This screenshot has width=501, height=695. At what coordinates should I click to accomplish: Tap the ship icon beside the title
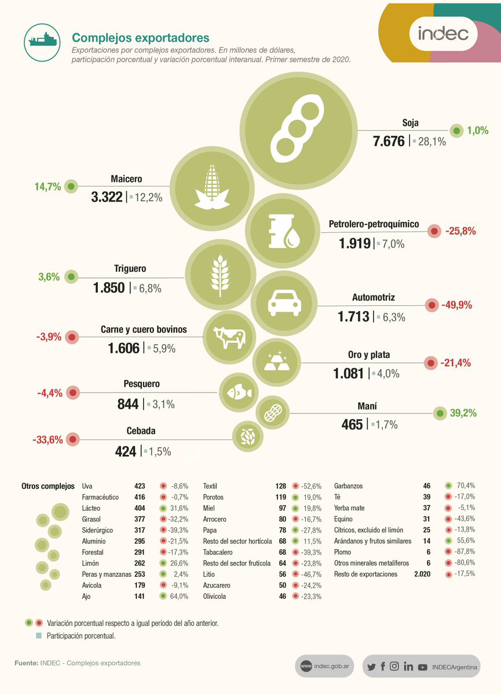[42, 39]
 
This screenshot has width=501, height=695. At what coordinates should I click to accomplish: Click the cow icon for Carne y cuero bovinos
[229, 338]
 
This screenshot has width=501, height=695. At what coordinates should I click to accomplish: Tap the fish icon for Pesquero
[239, 392]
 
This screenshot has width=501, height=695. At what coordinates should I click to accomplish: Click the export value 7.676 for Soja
[389, 140]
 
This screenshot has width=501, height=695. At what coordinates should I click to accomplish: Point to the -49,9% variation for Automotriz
[456, 305]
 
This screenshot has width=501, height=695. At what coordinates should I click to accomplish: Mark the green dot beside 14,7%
[71, 186]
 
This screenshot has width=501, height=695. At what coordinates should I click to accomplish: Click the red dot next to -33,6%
[73, 440]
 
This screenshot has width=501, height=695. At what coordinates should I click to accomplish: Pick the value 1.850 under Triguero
[109, 287]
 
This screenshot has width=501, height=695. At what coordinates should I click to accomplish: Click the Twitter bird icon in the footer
[371, 667]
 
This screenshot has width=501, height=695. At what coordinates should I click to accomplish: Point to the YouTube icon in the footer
[423, 667]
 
